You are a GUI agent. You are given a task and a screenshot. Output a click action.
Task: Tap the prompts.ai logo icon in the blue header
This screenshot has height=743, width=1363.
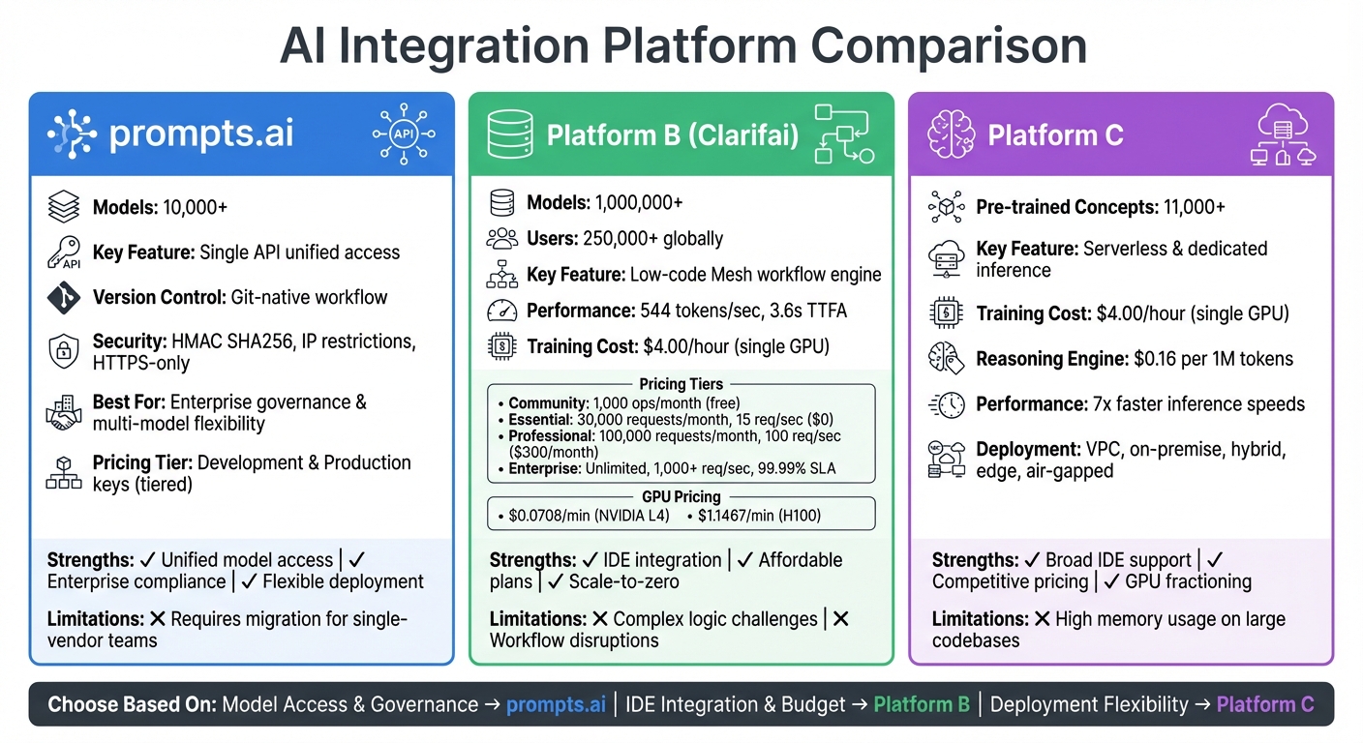(x=72, y=134)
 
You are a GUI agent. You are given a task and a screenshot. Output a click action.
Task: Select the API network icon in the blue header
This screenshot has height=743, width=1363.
(x=403, y=134)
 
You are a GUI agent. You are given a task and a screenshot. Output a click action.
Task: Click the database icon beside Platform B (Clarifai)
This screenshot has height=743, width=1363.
(x=509, y=134)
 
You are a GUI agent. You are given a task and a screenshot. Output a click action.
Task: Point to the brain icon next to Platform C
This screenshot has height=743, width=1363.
(x=950, y=134)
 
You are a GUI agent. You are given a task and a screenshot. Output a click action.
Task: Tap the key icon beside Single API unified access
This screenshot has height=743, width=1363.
(x=64, y=253)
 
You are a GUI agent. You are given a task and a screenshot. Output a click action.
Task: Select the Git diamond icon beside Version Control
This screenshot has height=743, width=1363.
(x=64, y=297)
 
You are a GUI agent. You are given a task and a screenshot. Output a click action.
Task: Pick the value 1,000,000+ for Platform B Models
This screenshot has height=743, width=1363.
(x=638, y=202)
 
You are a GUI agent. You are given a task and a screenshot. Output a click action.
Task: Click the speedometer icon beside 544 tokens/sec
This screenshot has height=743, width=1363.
(x=501, y=312)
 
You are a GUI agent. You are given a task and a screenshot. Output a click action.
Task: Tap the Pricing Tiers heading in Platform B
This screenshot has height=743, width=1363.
(x=681, y=384)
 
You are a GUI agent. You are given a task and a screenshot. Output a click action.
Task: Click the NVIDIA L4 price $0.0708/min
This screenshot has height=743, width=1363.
(x=589, y=516)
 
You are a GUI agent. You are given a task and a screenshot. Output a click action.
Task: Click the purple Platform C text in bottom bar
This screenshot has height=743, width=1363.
(x=1264, y=704)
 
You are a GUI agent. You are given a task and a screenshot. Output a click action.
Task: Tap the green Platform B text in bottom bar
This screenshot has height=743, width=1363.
(x=922, y=704)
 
